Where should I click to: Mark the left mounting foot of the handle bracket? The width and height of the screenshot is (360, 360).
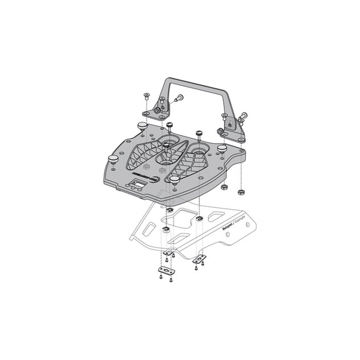160,108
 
